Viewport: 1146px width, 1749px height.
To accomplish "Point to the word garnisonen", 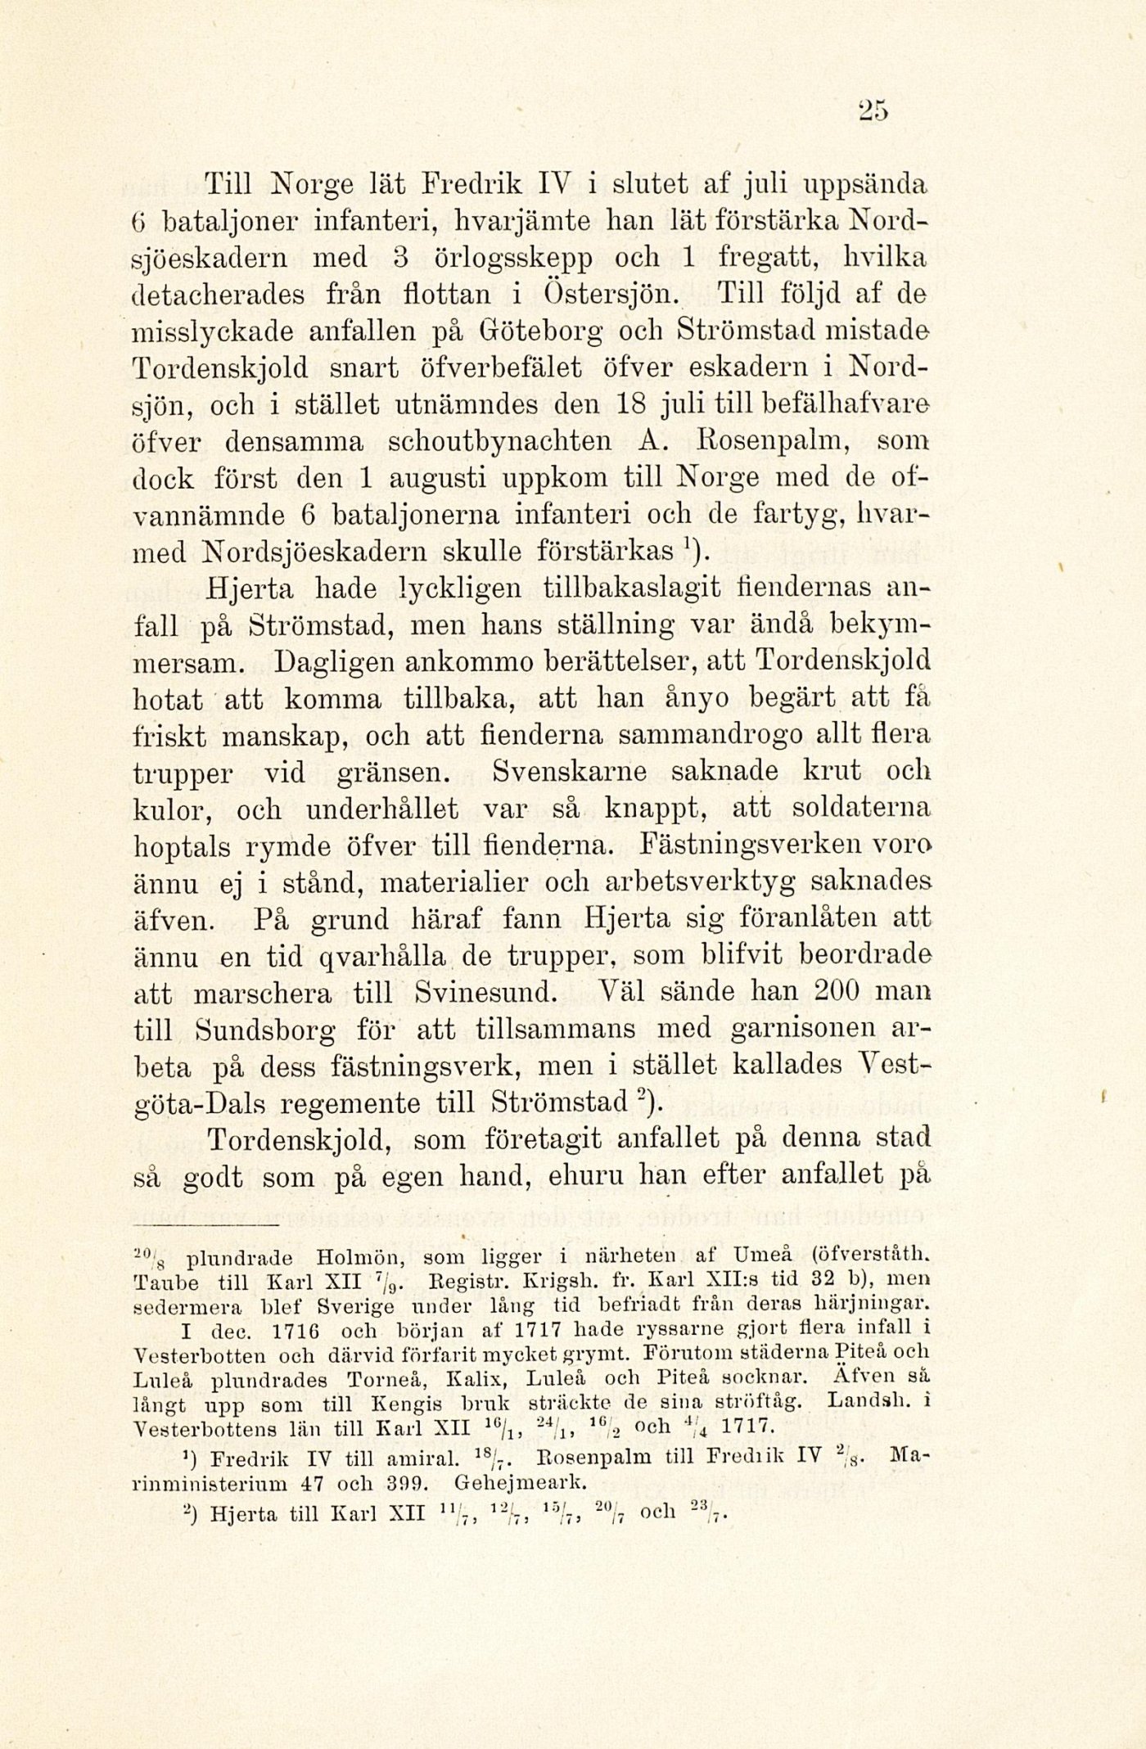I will coord(793,1031).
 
